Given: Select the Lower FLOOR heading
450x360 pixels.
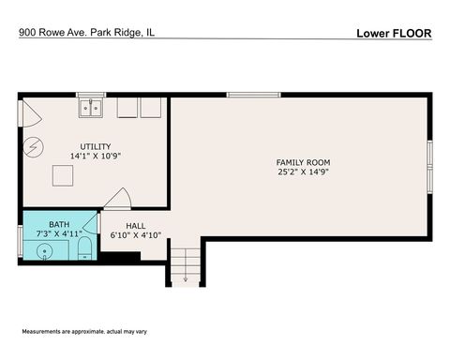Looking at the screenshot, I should click(393, 33).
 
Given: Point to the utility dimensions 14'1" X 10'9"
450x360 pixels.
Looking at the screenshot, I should click(95, 156).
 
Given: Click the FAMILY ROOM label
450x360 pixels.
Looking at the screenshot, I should click(303, 162).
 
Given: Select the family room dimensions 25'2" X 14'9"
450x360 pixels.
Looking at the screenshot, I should click(303, 172).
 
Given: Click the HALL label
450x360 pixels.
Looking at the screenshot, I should click(136, 225).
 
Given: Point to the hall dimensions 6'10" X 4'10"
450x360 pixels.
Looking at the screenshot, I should click(136, 235).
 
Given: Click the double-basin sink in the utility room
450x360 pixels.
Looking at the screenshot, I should click(91, 108).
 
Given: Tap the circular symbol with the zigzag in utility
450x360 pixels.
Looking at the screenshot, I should click(33, 146).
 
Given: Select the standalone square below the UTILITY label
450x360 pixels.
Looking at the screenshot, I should click(63, 176).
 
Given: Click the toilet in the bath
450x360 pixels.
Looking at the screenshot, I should click(84, 248).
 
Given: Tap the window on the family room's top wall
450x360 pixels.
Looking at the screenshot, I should click(253, 94).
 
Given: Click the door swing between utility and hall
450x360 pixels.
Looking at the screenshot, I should click(118, 199).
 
